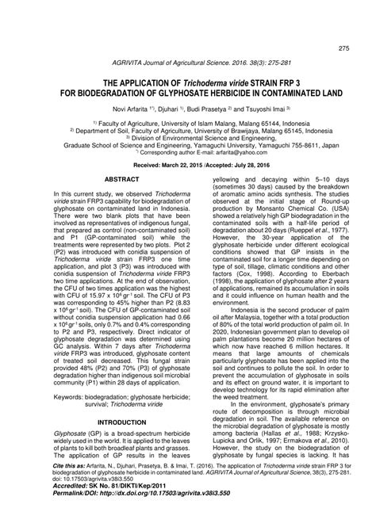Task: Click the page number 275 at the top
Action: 343,49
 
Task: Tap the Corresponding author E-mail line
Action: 187,153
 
